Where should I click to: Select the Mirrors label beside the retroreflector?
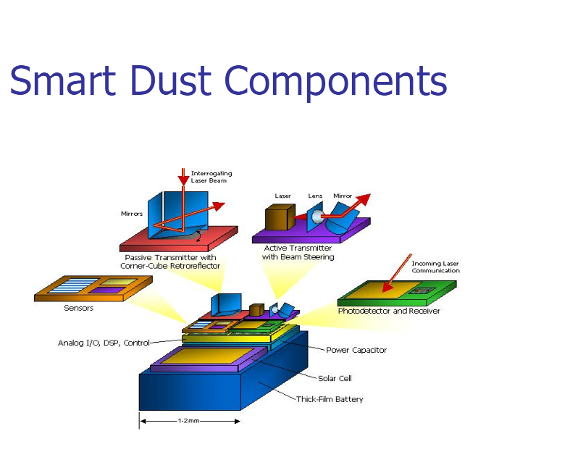pyautogui.click(x=132, y=214)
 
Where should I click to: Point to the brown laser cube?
pyautogui.click(x=278, y=217)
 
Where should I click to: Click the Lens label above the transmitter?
pyautogui.click(x=314, y=196)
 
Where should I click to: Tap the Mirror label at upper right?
pyautogui.click(x=342, y=196)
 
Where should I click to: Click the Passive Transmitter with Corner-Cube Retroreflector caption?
pyautogui.click(x=170, y=262)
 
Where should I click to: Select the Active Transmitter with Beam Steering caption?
pyautogui.click(x=298, y=252)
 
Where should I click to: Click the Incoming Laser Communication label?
pyautogui.click(x=435, y=267)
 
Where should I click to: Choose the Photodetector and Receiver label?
pyautogui.click(x=388, y=311)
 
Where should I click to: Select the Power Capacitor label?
pyautogui.click(x=356, y=350)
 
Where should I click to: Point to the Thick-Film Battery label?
pyautogui.click(x=330, y=399)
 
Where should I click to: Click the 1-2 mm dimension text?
pyautogui.click(x=189, y=421)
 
